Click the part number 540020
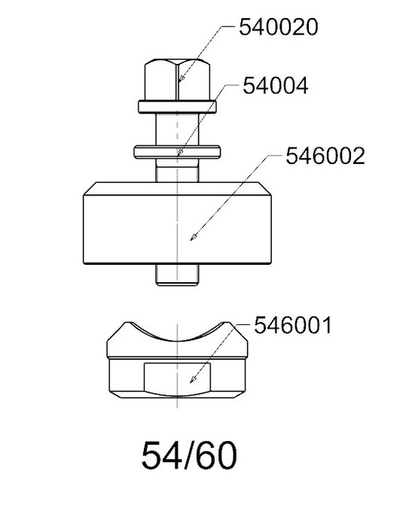278,27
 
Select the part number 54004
276,86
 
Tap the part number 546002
325,156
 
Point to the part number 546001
293,325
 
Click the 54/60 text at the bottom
189,455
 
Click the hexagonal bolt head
177,80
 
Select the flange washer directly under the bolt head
177,107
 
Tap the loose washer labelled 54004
177,152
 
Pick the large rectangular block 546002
177,223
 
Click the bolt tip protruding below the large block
177,275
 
